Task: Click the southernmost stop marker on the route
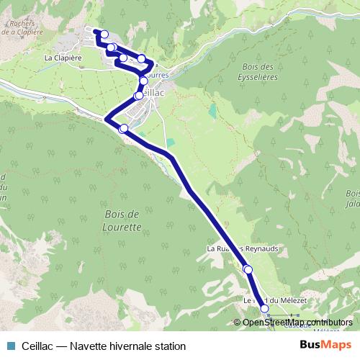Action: (x=264, y=309)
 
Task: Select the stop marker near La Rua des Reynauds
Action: (x=248, y=269)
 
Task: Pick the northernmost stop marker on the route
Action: (x=104, y=34)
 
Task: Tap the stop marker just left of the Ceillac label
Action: (x=138, y=95)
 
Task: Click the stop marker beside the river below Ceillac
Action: (x=123, y=128)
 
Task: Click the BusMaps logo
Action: (x=325, y=345)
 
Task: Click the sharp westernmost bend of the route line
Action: (x=106, y=119)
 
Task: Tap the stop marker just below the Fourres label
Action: (x=144, y=81)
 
